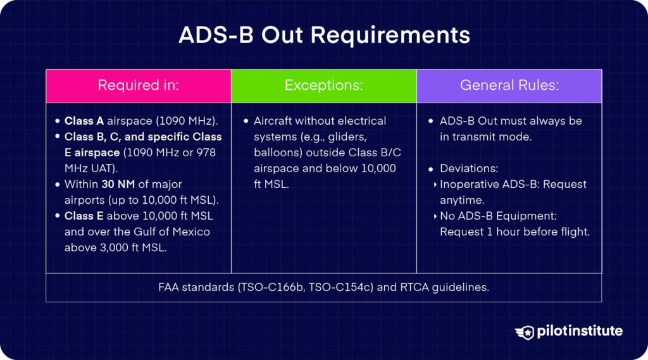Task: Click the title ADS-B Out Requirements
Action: (x=324, y=35)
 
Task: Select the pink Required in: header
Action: (x=138, y=85)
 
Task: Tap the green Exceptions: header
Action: (x=323, y=85)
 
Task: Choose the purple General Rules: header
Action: (x=509, y=85)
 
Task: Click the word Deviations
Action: (x=468, y=168)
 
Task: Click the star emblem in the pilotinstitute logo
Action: (x=525, y=332)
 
